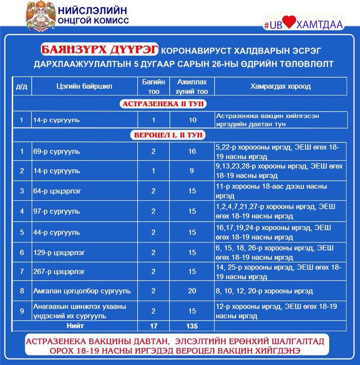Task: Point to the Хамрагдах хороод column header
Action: [280, 87]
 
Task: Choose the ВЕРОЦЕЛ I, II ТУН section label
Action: [167, 135]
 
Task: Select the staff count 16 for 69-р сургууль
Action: [192, 151]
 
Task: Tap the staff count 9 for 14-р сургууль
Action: [192, 171]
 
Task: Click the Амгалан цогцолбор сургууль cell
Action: [82, 291]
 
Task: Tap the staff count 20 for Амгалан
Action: [192, 291]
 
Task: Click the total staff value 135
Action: [192, 326]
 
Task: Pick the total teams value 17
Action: [153, 326]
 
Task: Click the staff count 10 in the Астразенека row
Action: [192, 120]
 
